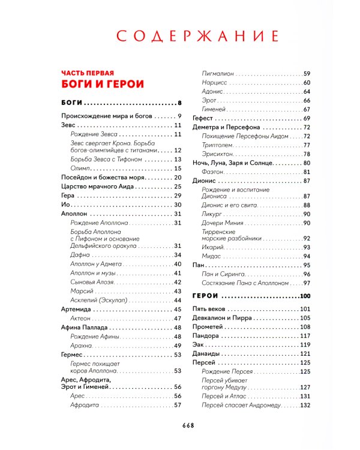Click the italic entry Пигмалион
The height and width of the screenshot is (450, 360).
pos(218,73)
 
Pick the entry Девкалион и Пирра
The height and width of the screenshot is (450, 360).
pos(221,318)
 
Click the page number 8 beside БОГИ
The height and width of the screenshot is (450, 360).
pos(179,102)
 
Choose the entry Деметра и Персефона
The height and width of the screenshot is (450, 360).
pos(226,127)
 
